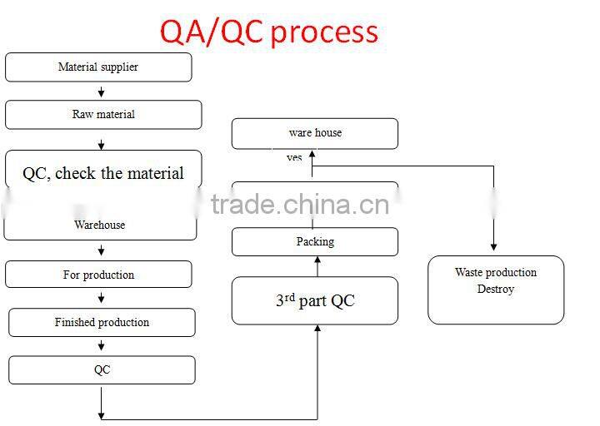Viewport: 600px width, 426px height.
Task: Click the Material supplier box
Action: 98,67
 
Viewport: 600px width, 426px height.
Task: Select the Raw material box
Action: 103,115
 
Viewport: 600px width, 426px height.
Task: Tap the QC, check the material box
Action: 103,173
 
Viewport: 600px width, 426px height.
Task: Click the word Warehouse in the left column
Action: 100,225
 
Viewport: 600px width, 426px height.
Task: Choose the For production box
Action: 98,275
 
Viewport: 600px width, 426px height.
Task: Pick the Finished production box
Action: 102,322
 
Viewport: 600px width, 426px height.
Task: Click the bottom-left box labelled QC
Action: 102,370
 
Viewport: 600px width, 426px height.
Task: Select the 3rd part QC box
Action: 315,300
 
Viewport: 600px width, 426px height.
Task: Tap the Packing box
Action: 315,242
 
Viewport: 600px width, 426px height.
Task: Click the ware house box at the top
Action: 315,133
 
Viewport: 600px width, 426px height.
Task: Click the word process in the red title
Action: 324,32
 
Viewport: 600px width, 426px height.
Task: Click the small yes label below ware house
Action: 294,157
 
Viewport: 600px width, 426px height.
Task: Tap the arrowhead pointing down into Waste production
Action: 493,246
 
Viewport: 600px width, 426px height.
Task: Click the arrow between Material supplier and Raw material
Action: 102,92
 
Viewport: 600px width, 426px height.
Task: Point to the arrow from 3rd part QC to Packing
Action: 317,265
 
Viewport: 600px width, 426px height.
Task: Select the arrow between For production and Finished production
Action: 102,299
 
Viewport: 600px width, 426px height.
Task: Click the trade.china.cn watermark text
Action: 299,204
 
